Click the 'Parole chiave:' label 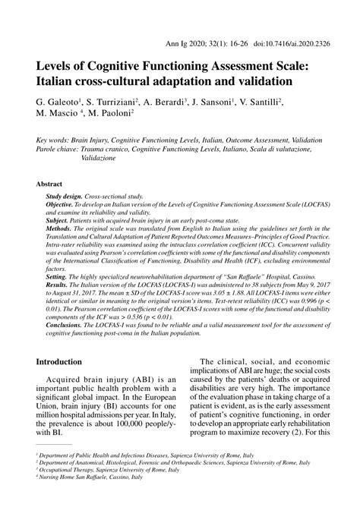point(62,150)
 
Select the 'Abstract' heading point(50,184)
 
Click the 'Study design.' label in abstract point(67,197)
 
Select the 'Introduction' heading point(65,362)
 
